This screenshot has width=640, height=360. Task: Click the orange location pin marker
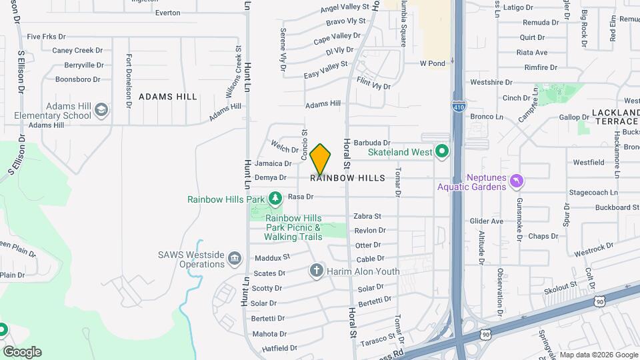coord(321,159)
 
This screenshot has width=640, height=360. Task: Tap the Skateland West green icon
coord(441,152)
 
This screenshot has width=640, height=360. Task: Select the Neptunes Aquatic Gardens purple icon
coord(516,181)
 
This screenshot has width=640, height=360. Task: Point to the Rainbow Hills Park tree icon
coord(275,199)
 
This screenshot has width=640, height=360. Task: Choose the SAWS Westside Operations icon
coord(234,259)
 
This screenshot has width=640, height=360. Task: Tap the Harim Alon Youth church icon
coord(316,271)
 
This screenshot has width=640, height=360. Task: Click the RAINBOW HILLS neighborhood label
coord(347,178)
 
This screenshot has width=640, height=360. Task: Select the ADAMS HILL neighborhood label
coord(168,97)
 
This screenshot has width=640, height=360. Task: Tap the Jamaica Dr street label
coord(273,163)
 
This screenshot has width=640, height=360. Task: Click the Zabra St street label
coord(367,216)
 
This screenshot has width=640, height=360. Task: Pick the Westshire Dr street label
coord(491,83)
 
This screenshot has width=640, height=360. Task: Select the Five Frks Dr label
coord(47,37)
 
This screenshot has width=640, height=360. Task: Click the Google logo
coord(22,352)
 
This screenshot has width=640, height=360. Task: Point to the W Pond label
coord(432,63)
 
